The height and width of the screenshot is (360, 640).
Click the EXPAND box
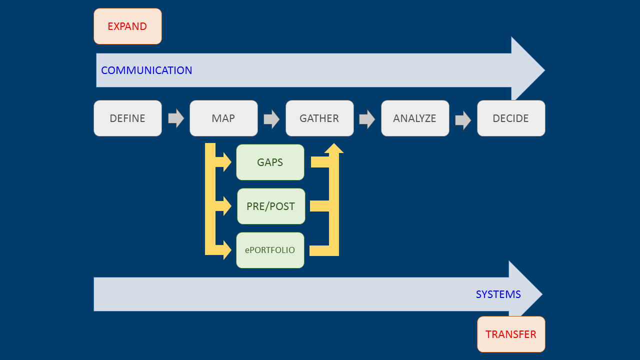(x=127, y=26)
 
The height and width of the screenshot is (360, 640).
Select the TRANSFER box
(x=510, y=334)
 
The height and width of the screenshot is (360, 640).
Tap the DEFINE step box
(x=127, y=118)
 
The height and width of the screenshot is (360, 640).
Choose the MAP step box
(x=223, y=118)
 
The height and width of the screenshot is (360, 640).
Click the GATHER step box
(x=319, y=118)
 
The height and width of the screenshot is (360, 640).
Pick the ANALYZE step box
(x=415, y=118)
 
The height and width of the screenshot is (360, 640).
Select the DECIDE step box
(x=510, y=118)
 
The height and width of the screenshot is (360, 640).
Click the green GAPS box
(x=270, y=162)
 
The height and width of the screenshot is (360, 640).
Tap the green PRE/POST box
(x=270, y=206)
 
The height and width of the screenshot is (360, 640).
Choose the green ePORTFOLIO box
(x=270, y=250)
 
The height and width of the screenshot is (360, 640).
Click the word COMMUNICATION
(x=146, y=70)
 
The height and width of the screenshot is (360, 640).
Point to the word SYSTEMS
(x=498, y=294)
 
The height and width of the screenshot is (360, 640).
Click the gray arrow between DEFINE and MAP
(x=176, y=118)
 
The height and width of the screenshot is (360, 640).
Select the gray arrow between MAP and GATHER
(x=271, y=119)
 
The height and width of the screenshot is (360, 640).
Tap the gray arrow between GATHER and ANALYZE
(x=367, y=119)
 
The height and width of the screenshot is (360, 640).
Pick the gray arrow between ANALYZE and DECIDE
(x=463, y=120)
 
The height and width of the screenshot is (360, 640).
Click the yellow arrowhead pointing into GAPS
(x=226, y=162)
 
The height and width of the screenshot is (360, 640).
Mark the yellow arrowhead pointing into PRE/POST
(x=226, y=206)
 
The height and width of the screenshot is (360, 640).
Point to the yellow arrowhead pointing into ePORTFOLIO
(x=226, y=250)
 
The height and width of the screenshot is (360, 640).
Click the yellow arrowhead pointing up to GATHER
(x=334, y=148)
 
